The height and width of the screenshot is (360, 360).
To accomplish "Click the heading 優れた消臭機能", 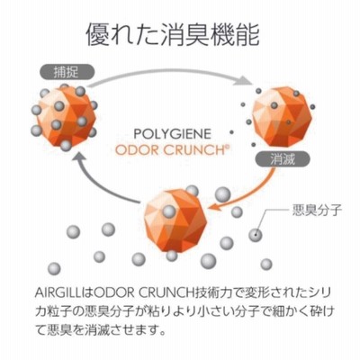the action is point(173,35).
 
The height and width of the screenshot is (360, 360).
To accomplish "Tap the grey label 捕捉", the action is point(67,72).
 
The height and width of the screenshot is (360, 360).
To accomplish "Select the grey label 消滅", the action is point(282,159).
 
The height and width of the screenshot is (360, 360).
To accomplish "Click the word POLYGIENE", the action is point(173,134).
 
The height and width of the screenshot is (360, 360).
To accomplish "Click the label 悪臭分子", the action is point(317,211).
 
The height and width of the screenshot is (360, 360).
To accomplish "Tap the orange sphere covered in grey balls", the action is point(64,116).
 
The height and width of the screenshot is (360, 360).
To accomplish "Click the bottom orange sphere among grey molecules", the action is point(175,220).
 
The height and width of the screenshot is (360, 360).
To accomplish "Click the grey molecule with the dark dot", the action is point(256,235).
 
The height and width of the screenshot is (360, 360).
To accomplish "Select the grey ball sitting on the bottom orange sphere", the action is point(169,211).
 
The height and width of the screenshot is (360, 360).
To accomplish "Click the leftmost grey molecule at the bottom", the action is point(55,268).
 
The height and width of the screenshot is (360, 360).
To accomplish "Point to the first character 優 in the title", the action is point(97,35).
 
